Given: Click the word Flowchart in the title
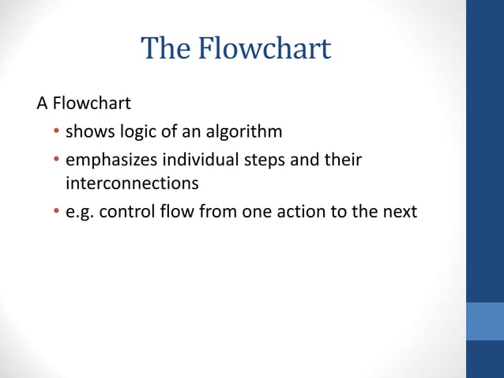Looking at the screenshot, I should [x=264, y=50].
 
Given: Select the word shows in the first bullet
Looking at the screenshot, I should [x=88, y=131].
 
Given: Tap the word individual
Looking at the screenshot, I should [x=200, y=160].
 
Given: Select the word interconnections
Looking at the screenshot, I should [x=131, y=183].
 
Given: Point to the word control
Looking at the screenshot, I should [x=126, y=212].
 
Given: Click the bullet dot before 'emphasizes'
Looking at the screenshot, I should [x=57, y=161].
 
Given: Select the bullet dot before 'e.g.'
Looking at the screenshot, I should [x=57, y=213].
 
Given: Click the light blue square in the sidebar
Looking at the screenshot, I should [x=484, y=320].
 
